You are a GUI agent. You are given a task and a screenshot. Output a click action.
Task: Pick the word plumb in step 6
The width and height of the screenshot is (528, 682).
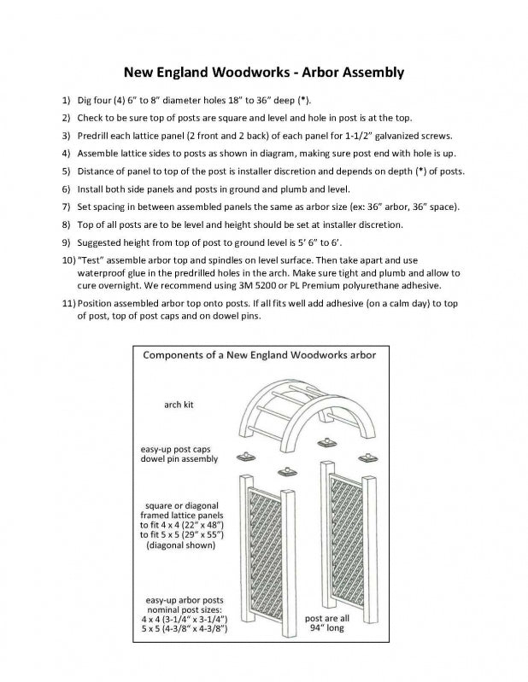tap(299, 189)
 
